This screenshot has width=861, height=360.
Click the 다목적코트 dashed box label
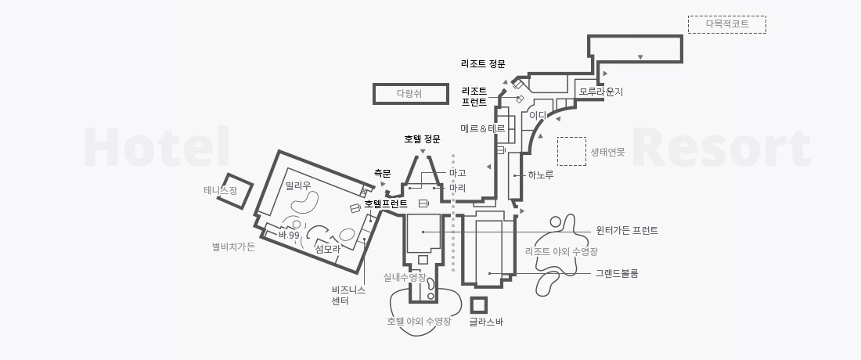point(726,24)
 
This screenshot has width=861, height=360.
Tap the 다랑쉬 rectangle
point(411,94)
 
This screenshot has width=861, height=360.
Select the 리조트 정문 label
point(483,63)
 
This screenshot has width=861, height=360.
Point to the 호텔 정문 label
point(422,139)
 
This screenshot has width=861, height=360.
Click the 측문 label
point(382,174)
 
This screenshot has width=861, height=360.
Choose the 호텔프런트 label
point(386,204)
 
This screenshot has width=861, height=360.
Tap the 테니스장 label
point(220,190)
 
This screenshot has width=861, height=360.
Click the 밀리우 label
point(298,186)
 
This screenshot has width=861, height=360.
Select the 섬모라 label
point(327,248)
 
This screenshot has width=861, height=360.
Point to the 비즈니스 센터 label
point(348,295)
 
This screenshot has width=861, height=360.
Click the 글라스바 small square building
point(478,305)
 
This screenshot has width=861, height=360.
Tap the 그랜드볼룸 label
point(617,273)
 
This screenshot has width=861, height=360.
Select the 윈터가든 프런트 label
point(627,231)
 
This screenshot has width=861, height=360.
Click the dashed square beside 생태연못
point(571,152)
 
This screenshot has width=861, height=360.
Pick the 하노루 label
point(541,175)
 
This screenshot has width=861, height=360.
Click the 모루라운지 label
point(601,92)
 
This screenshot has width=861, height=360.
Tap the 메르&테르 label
point(483,128)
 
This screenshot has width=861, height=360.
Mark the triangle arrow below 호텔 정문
point(422,151)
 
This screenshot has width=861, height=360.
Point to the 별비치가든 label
point(233,247)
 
